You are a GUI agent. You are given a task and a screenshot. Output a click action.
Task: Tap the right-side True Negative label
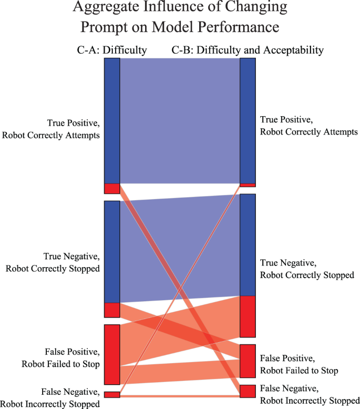pos(307,269)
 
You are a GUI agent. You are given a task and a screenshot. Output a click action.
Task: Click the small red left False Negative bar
pos(112,394)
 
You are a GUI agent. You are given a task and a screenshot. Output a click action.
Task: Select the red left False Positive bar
pos(112,354)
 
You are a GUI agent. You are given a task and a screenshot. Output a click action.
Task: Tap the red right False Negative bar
pos(248,391)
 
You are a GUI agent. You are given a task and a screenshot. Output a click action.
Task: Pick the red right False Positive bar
pos(248,361)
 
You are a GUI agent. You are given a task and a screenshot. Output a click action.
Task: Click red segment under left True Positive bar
pos(112,189)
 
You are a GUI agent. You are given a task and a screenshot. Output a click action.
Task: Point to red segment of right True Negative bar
pos(248,316)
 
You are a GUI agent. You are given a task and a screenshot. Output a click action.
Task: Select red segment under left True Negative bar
pos(112,310)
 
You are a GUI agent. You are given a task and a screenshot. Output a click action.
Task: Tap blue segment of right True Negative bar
pos(248,244)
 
